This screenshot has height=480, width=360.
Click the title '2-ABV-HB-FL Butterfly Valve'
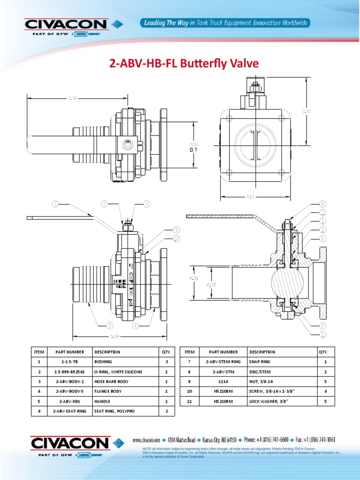point(184,63)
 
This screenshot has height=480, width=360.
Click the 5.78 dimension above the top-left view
point(72,98)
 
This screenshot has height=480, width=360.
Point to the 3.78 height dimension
point(306,112)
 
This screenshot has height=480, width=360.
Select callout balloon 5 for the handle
point(56,204)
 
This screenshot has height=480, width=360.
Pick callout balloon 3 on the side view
point(110,325)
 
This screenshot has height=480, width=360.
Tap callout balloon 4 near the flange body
point(135,325)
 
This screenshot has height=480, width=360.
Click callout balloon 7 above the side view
point(147,204)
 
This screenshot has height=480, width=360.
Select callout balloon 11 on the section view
point(323,212)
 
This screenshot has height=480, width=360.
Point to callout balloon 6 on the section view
point(323,238)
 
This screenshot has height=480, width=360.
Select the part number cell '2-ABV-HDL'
point(69,401)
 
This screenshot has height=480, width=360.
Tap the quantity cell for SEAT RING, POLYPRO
point(166,411)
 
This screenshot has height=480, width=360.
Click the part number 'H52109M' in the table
point(223,401)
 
